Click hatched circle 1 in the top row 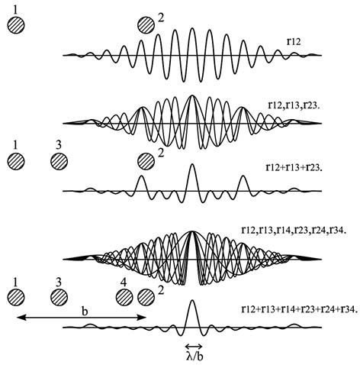click(x=16, y=25)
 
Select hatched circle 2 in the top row click(x=146, y=25)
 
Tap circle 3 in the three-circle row click(x=59, y=161)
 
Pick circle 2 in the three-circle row click(x=146, y=161)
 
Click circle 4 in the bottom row click(x=124, y=297)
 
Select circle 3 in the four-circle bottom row click(x=59, y=297)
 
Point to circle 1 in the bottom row click(x=16, y=297)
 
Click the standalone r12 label click(x=294, y=41)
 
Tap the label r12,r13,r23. click(x=294, y=105)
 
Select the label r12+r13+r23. click(x=294, y=167)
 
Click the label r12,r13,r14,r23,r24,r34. click(x=294, y=231)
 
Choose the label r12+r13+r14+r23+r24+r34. click(x=299, y=308)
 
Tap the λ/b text click(x=194, y=357)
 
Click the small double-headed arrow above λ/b click(x=194, y=346)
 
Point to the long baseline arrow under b click(x=81, y=317)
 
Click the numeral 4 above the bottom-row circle click(x=124, y=283)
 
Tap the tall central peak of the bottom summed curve click(x=192, y=301)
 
